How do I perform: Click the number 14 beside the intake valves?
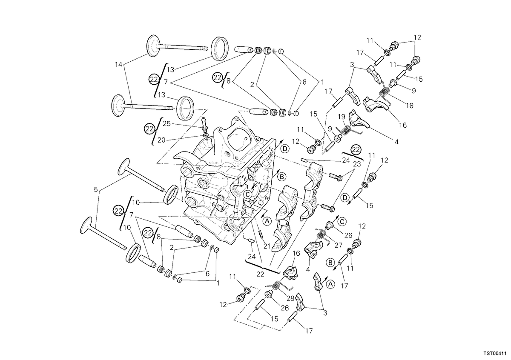(119, 65)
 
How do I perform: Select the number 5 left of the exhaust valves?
(96, 189)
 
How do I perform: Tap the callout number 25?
(167, 123)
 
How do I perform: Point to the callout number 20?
(161, 140)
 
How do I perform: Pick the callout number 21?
(267, 246)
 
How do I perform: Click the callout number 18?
(410, 106)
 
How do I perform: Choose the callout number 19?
(341, 117)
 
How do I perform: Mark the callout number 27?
(338, 246)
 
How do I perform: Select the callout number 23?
(357, 164)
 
